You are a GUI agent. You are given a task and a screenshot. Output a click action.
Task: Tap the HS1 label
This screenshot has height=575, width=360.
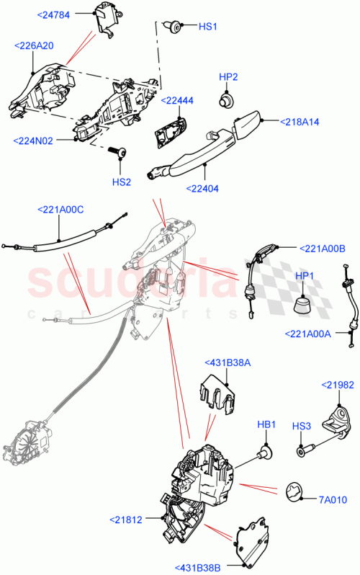207,27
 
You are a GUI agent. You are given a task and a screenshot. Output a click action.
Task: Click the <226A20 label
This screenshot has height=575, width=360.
34,45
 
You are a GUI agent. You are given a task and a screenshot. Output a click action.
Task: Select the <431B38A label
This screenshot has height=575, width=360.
228,362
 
